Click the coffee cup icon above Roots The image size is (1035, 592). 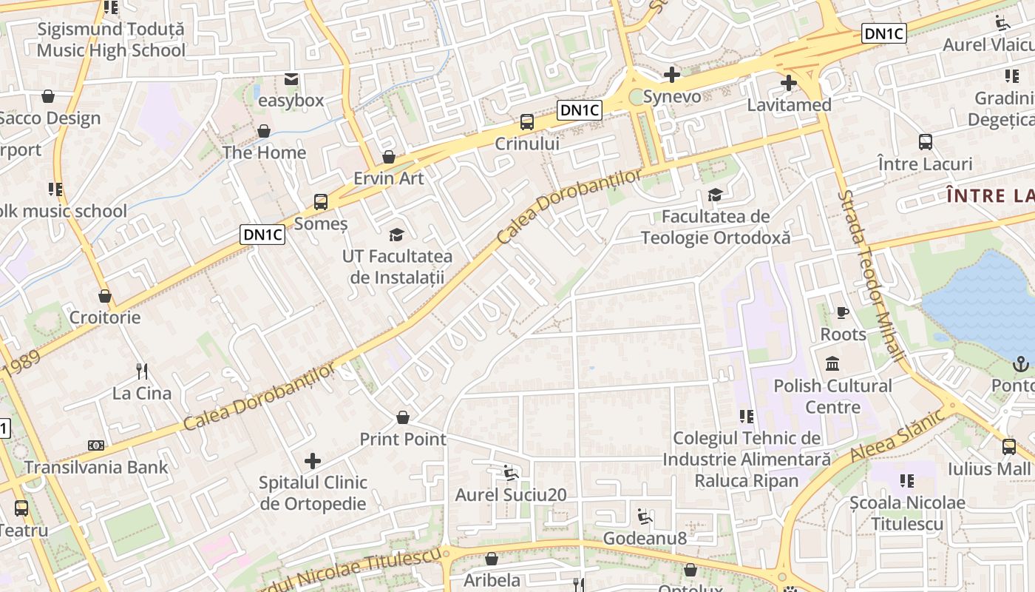(x=842, y=312)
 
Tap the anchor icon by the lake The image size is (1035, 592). (x=1020, y=363)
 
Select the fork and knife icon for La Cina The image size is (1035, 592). (x=142, y=371)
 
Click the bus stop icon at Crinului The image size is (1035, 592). (x=527, y=121)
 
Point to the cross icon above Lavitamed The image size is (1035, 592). (x=789, y=82)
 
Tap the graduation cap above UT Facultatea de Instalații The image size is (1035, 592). (x=397, y=235)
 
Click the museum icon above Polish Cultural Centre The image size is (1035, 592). (x=832, y=363)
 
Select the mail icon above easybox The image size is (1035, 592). (x=291, y=78)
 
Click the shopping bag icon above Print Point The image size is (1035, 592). (x=403, y=417)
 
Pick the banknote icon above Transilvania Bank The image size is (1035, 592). (x=96, y=445)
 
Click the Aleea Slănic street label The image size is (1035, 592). (x=897, y=436)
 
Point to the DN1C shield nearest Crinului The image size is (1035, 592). (x=580, y=110)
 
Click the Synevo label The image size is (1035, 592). (x=672, y=97)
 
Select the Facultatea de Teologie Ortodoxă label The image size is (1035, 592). (x=715, y=227)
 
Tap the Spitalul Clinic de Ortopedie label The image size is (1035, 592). (x=313, y=493)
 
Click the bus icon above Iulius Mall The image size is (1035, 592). (x=1009, y=446)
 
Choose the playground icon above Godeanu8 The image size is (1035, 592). (x=645, y=516)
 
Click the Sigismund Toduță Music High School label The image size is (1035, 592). (x=111, y=40)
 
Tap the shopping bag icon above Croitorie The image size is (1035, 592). (x=105, y=296)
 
